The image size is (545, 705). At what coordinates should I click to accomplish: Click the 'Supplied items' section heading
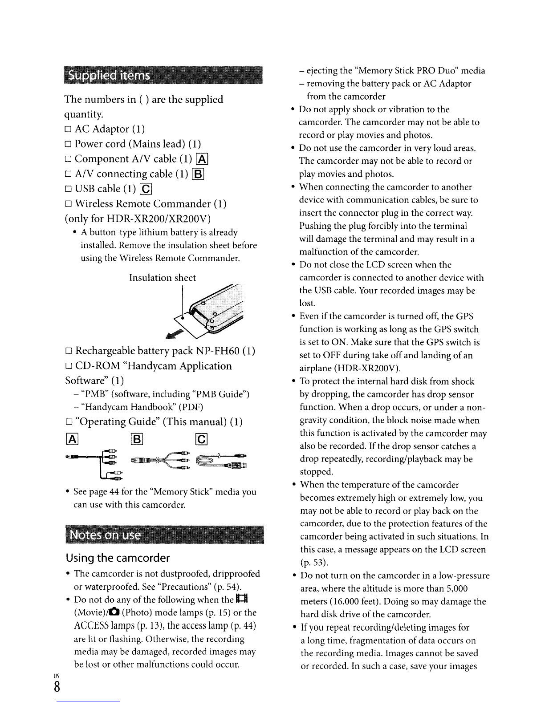coord(109,75)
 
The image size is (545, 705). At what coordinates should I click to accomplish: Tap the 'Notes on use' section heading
coord(106,535)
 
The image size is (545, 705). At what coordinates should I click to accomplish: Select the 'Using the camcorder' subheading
coord(118,558)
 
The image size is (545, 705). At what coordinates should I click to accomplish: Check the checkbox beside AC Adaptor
coord(68,130)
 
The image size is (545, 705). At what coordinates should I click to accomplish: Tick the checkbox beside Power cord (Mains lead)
coord(68,144)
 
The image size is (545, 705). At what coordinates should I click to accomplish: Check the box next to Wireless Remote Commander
coord(68,204)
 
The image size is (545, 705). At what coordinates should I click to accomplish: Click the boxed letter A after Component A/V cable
coord(202,159)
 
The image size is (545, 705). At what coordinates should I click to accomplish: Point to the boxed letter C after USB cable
coord(146,189)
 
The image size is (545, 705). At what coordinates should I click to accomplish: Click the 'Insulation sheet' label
coord(163,278)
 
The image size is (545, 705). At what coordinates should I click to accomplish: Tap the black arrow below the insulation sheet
coord(174,334)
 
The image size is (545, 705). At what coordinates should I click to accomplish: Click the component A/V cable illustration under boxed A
coord(94,464)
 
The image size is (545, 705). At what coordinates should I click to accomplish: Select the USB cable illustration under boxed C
coord(221,460)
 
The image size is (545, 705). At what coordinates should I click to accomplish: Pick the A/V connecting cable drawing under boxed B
coord(160,460)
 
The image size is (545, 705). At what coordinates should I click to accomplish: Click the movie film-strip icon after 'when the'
coord(242,599)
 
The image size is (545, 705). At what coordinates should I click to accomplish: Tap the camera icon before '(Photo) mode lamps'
coord(114,612)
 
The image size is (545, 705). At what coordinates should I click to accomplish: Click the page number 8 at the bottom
coord(57,687)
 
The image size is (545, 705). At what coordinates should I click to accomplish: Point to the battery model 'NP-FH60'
coord(217,351)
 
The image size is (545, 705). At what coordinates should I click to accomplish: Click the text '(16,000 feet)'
coord(355,601)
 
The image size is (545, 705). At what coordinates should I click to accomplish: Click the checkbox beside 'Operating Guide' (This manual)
coord(69,422)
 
